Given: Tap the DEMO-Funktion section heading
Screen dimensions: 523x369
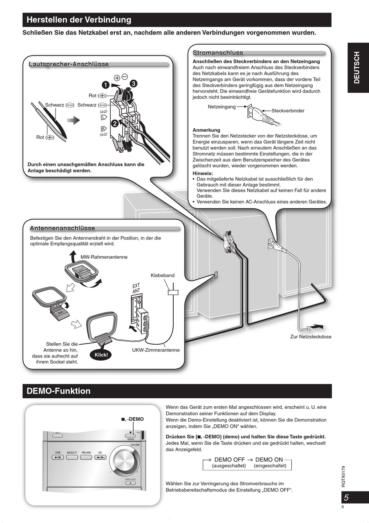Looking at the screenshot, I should [x=58, y=391].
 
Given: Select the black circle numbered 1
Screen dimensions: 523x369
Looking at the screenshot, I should [x=105, y=84].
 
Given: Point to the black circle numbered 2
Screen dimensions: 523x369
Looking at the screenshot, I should [x=115, y=124].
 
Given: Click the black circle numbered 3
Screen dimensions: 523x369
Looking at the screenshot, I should [x=133, y=83].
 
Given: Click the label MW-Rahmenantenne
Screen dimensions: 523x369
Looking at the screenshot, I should [x=104, y=257].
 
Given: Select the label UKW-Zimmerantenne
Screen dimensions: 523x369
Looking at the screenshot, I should [x=156, y=350].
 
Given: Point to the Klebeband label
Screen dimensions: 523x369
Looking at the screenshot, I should [x=163, y=275].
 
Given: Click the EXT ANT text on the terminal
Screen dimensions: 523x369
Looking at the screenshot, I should [x=136, y=288].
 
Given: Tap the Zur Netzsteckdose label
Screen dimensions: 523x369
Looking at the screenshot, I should [x=311, y=337].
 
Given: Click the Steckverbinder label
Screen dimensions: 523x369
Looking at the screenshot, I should [x=288, y=111].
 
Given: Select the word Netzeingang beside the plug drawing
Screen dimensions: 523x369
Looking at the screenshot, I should [x=222, y=106].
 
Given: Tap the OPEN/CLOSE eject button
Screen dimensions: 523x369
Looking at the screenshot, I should [x=130, y=483].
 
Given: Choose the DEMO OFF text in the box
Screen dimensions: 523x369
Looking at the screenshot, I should [x=230, y=460].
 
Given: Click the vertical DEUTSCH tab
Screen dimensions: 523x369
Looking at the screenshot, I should [x=357, y=68].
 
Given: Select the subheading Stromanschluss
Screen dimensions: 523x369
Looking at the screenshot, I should [x=218, y=53].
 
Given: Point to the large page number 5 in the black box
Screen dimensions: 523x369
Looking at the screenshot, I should [x=346, y=497].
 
